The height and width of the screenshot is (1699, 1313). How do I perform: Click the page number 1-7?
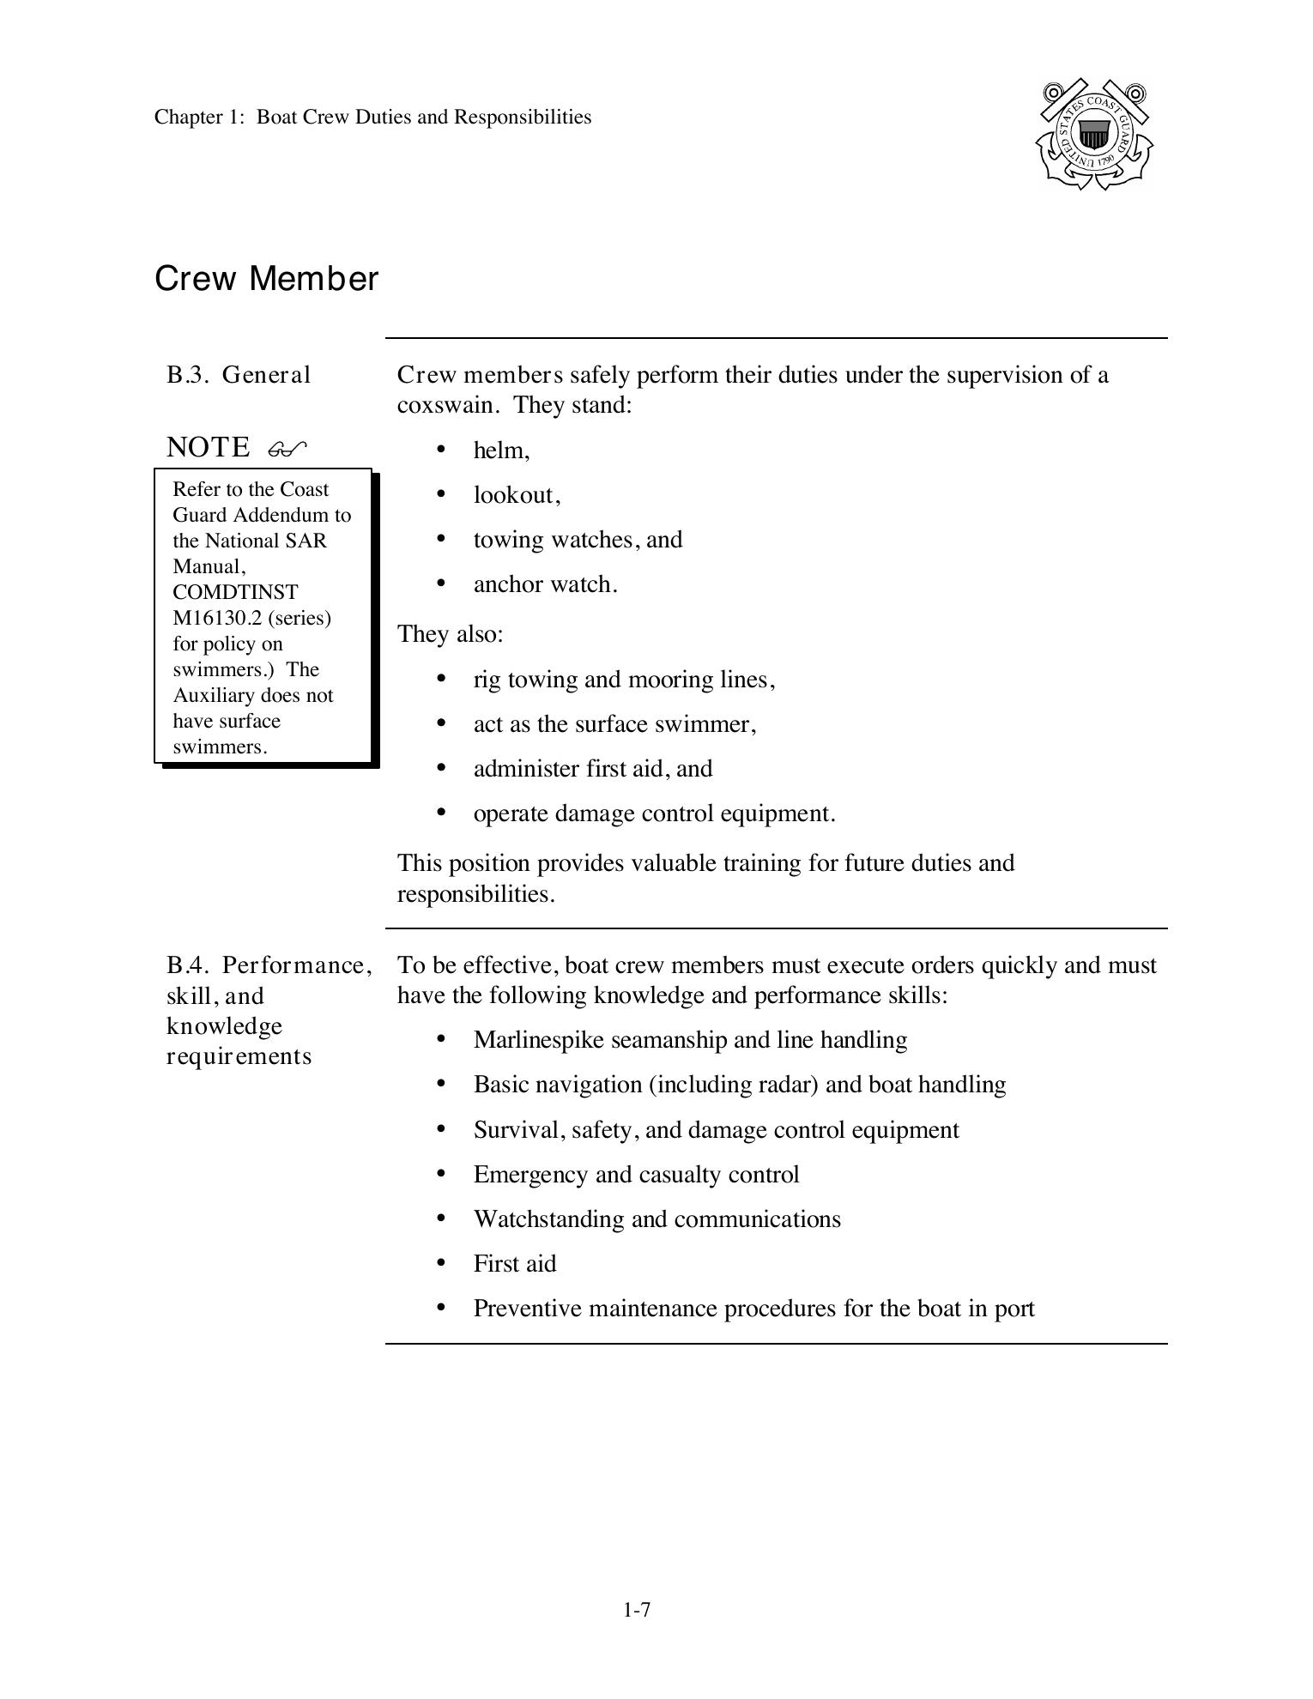pos(637,1610)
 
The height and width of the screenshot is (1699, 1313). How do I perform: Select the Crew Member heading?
pos(266,280)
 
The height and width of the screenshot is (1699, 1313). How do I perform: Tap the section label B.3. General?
pos(239,375)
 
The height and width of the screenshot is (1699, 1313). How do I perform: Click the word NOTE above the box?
pos(208,447)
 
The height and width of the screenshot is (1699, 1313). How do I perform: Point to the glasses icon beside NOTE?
pos(287,449)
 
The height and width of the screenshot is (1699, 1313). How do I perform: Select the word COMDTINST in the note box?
pos(235,592)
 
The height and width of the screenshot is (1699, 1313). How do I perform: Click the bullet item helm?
pos(500,450)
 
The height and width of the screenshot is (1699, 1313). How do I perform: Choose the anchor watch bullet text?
pos(545,584)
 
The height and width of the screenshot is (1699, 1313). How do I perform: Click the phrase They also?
pos(450,634)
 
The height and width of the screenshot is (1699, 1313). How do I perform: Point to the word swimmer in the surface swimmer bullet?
pos(705,724)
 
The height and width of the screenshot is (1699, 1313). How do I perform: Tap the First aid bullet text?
pos(514,1264)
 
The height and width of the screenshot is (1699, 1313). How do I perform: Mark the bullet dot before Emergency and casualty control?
pos(441,1173)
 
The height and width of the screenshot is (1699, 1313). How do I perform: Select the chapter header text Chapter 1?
pos(200,118)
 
